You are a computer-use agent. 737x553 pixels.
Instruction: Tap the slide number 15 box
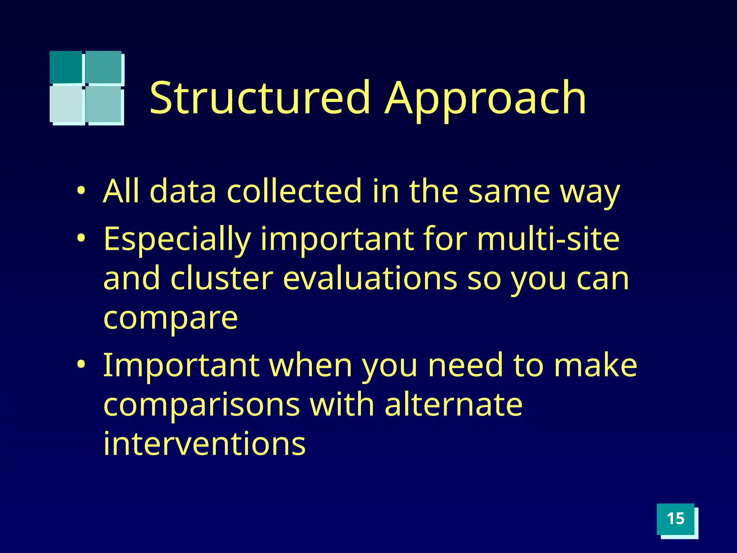[675, 519]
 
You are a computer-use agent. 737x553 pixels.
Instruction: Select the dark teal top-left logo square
[66, 67]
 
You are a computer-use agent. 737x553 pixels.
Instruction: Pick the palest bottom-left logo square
[67, 104]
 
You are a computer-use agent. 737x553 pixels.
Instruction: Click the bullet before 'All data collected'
[82, 191]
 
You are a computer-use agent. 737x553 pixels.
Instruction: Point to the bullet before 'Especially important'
[82, 239]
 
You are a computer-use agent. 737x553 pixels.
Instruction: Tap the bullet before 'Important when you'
[82, 365]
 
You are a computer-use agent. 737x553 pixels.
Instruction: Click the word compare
[171, 319]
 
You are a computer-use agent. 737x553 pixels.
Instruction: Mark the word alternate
[453, 405]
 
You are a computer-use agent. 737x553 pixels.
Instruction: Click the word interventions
[204, 444]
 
